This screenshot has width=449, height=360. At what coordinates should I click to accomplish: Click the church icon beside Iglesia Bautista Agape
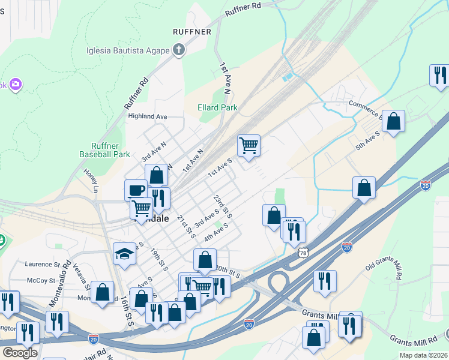[x=178, y=50]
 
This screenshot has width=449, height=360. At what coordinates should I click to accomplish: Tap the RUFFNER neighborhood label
[x=191, y=31]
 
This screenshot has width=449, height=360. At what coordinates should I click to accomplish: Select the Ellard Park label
[x=217, y=108]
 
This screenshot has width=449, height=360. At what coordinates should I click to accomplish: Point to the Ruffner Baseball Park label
[x=104, y=149]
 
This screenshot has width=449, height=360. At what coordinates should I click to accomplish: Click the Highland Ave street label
[x=146, y=116]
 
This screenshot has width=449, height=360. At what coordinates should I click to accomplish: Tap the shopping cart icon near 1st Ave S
[x=249, y=145]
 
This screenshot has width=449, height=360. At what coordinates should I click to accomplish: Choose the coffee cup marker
[x=136, y=190]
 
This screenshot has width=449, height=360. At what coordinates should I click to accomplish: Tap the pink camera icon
[x=15, y=85]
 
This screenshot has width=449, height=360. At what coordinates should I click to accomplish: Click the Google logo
[x=19, y=353]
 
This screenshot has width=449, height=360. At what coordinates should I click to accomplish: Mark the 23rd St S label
[x=222, y=206]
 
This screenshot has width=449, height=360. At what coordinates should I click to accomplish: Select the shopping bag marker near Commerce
[x=393, y=121]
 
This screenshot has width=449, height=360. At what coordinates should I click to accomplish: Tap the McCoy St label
[x=41, y=280]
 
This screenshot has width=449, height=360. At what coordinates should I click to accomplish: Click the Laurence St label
[x=42, y=264]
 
